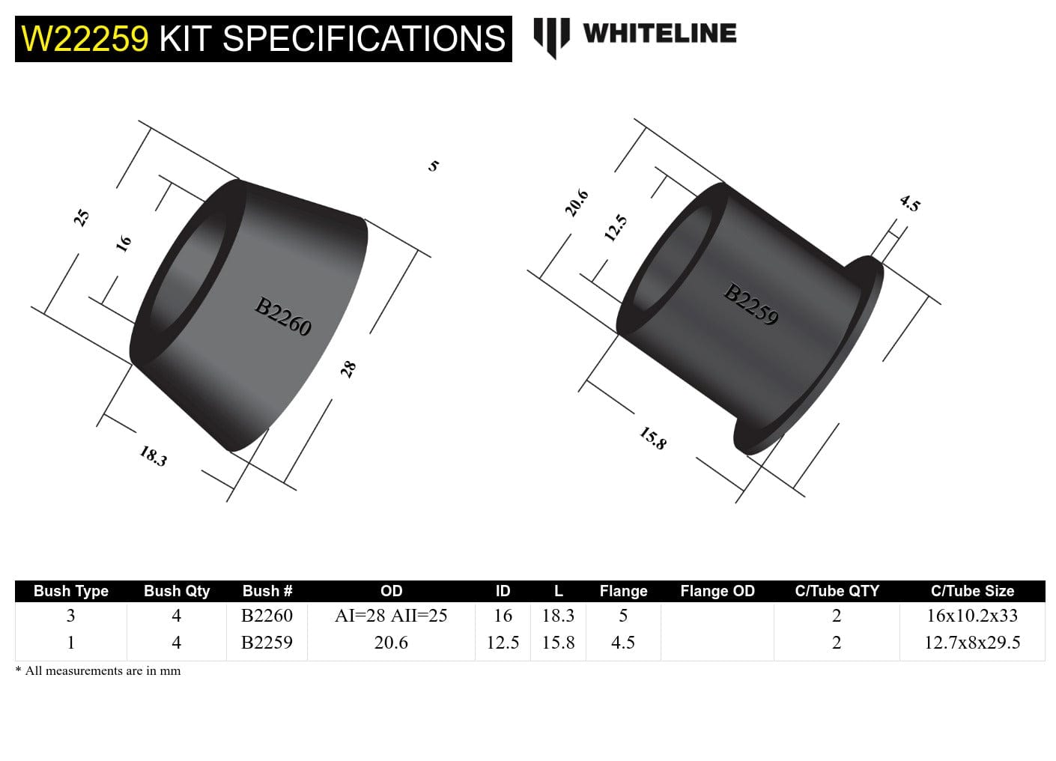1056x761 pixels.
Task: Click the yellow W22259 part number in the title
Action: [x=85, y=39]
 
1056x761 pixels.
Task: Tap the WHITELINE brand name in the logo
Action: [x=659, y=33]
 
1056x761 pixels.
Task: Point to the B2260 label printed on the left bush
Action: [x=283, y=317]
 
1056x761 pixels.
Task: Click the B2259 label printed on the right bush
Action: [x=751, y=304]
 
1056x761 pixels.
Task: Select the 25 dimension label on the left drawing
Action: [x=82, y=217]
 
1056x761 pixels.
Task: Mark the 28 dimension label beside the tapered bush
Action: [x=348, y=369]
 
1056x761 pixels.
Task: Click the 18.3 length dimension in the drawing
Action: [x=153, y=455]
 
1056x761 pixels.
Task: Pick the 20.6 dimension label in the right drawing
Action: [x=576, y=203]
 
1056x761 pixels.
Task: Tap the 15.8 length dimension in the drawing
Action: [x=652, y=438]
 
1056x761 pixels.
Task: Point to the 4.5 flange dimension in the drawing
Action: [x=909, y=203]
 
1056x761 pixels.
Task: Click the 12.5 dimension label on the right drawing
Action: [x=615, y=228]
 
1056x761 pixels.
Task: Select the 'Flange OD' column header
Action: [x=717, y=591]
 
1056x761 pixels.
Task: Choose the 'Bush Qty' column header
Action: [x=177, y=591]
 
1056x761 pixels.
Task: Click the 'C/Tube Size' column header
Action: [x=971, y=591]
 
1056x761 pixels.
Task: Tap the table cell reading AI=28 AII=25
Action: [x=391, y=616]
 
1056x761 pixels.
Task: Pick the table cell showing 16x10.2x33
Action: [x=971, y=616]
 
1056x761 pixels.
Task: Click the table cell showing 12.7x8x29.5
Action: [x=971, y=643]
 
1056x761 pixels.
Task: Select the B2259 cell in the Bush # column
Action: [x=267, y=643]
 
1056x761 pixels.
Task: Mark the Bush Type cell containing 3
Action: [x=70, y=616]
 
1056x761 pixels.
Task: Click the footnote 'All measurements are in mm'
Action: [x=103, y=671]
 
